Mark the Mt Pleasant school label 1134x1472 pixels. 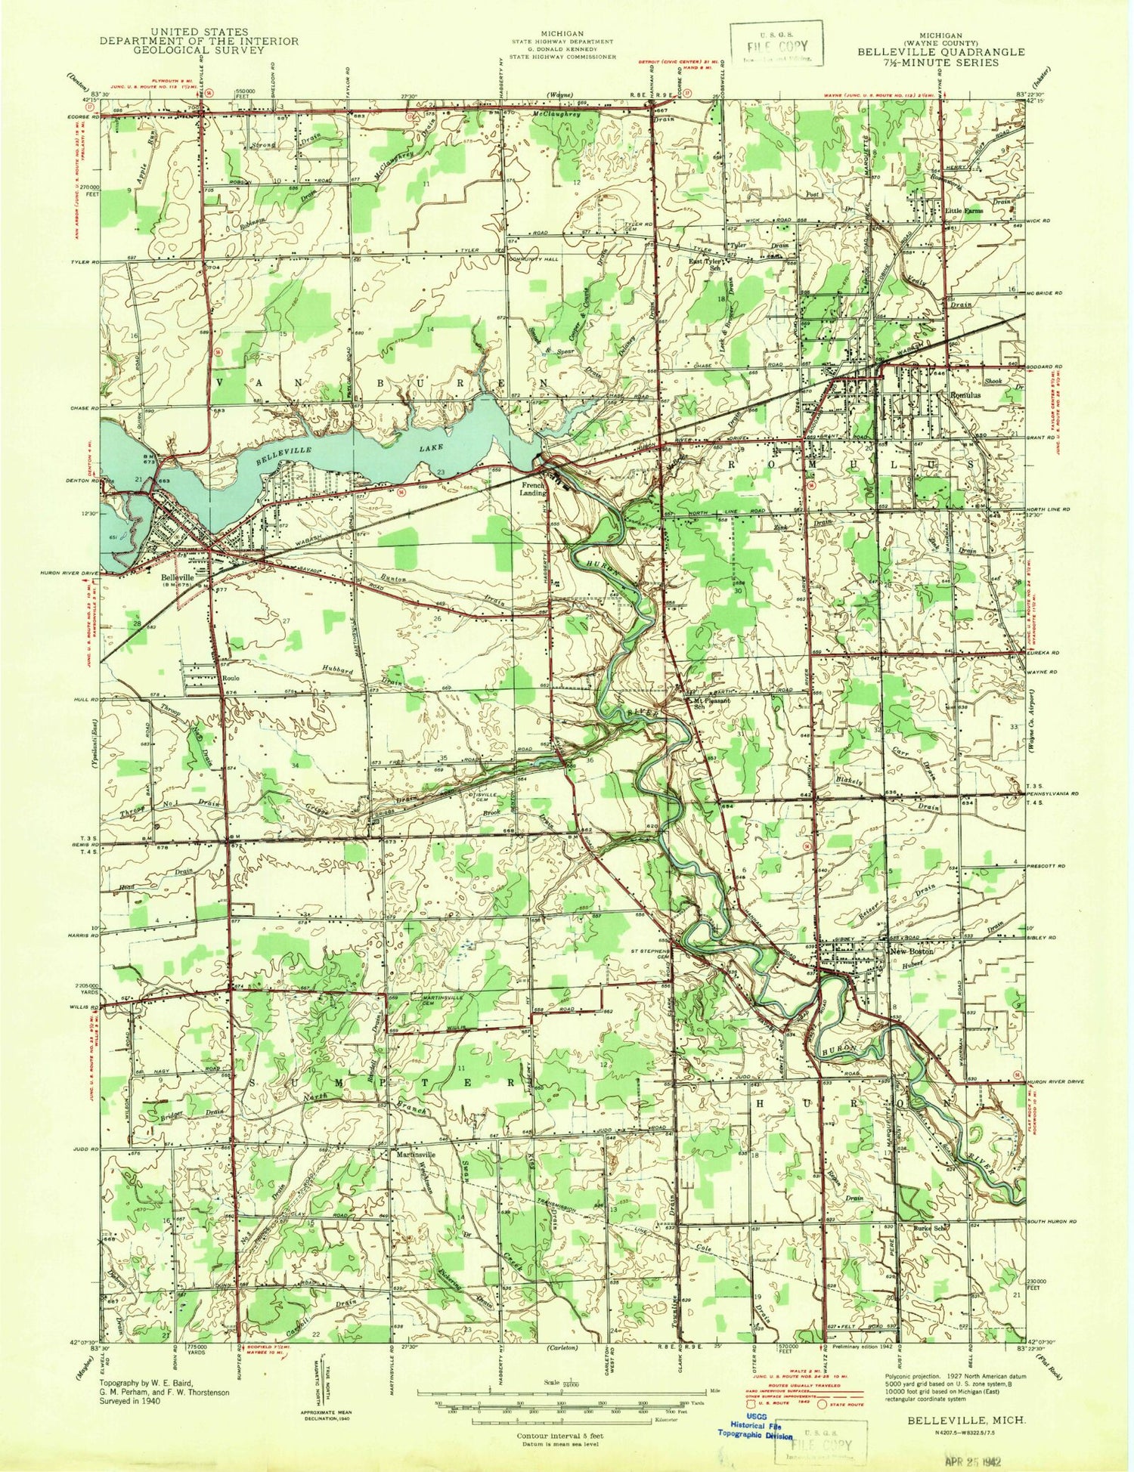click(712, 700)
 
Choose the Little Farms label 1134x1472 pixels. click(963, 211)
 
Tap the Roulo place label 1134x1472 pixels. click(231, 679)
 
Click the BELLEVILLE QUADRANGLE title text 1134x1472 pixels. click(940, 52)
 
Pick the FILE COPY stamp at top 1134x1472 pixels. click(776, 47)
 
